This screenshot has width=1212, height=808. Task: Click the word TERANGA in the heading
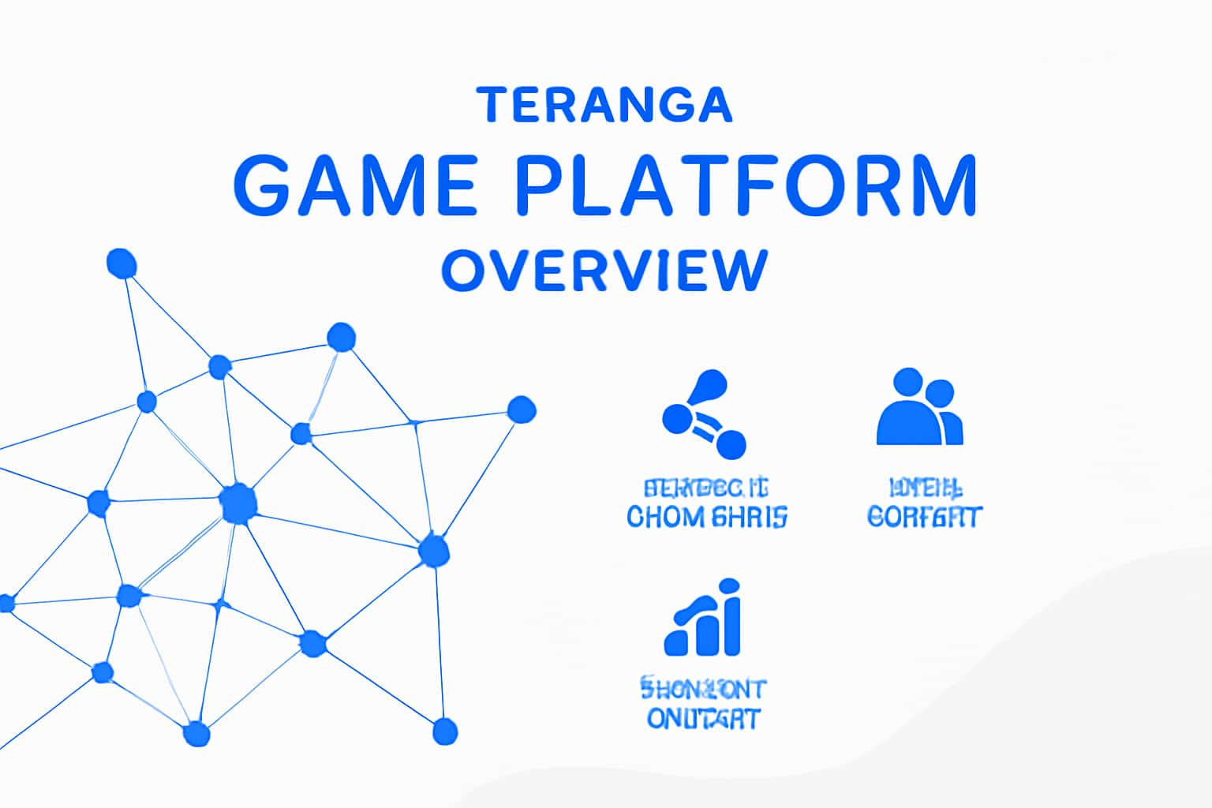tap(605, 105)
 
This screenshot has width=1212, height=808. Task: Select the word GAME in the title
tap(354, 186)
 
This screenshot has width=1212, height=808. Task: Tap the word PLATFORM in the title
tap(746, 186)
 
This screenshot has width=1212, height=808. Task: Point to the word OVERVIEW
tap(604, 271)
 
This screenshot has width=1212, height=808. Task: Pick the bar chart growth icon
tap(703, 619)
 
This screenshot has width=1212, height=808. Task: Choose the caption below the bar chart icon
tap(703, 705)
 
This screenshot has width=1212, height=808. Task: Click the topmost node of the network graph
tap(122, 264)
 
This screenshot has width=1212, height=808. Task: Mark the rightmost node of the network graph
tap(521, 410)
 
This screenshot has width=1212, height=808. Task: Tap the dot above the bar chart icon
tap(730, 585)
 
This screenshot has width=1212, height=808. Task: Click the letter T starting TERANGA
tap(491, 105)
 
